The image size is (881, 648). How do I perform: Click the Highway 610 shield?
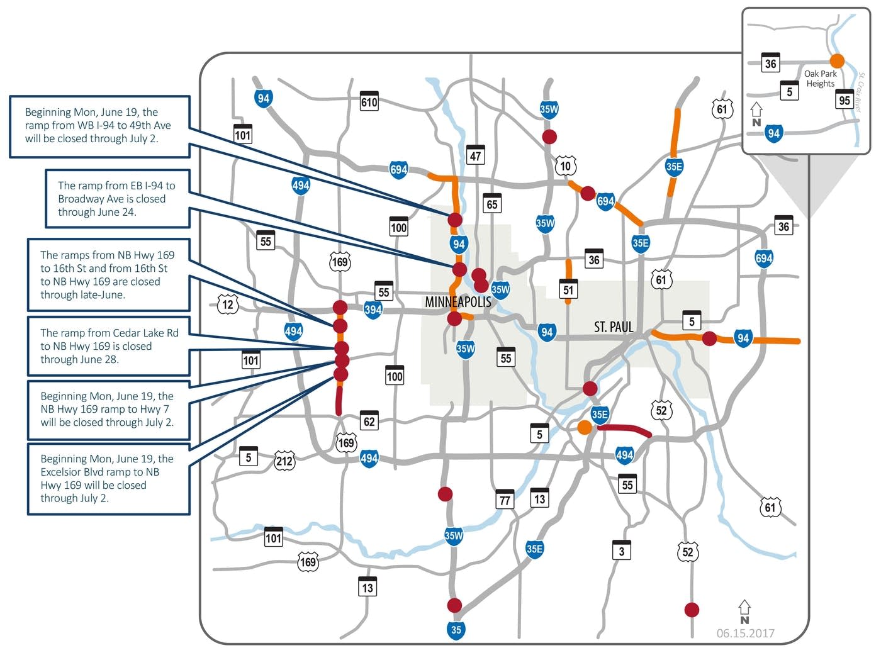pyautogui.click(x=369, y=101)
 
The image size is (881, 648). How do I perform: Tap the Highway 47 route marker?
pyautogui.click(x=475, y=155)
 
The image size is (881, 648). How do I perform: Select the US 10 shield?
pyautogui.click(x=566, y=166)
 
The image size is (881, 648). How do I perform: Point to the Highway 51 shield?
pyautogui.click(x=568, y=289)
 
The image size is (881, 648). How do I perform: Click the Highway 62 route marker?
pyautogui.click(x=369, y=420)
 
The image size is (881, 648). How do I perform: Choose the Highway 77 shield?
pyautogui.click(x=505, y=499)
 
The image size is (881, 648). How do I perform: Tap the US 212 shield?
pyautogui.click(x=284, y=461)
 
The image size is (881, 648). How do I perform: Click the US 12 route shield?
pyautogui.click(x=228, y=305)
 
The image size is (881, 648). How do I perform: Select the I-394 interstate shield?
pyautogui.click(x=373, y=310)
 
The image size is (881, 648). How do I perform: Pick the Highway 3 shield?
pyautogui.click(x=621, y=550)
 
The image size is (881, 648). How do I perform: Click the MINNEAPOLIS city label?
pyautogui.click(x=458, y=302)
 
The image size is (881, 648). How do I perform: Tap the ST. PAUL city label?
pyautogui.click(x=614, y=327)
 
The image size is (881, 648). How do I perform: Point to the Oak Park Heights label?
pyautogui.click(x=821, y=79)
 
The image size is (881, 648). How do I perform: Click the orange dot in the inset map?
pyautogui.click(x=837, y=60)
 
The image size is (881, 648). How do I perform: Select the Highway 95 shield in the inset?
pyautogui.click(x=845, y=99)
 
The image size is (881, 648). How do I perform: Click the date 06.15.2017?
pyautogui.click(x=746, y=634)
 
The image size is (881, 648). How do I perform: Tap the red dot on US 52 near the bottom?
pyautogui.click(x=692, y=609)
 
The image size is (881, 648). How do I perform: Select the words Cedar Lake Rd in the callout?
pyautogui.click(x=148, y=333)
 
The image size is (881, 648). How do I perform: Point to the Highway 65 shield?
pyautogui.click(x=492, y=203)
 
